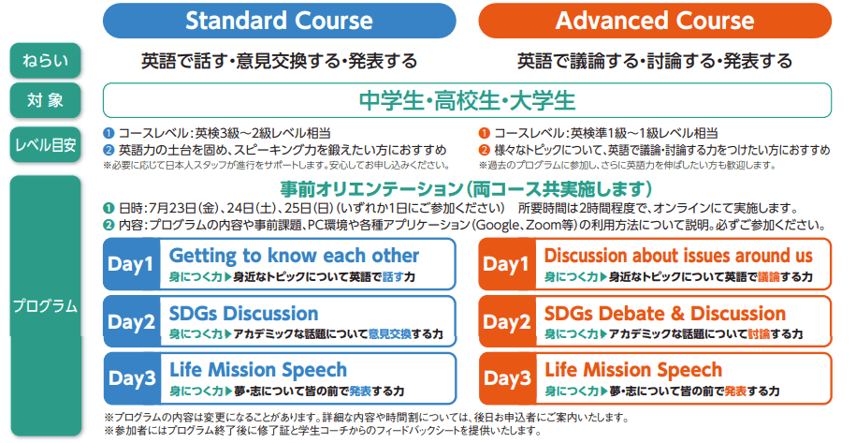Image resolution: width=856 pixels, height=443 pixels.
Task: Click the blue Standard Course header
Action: click(x=279, y=21)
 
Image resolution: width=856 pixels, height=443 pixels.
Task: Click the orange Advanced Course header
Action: click(x=655, y=21)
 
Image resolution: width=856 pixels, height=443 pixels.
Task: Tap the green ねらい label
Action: click(x=45, y=61)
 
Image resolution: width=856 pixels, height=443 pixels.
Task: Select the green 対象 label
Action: click(x=45, y=100)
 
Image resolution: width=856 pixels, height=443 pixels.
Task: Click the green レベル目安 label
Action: click(x=45, y=145)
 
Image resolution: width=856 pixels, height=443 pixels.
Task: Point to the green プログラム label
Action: click(x=45, y=306)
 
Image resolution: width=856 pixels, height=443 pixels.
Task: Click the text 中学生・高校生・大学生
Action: click(x=468, y=100)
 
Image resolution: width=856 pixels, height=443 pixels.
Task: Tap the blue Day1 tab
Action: click(x=131, y=264)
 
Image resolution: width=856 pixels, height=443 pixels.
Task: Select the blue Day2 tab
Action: click(x=131, y=322)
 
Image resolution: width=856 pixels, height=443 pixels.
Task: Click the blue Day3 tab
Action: click(x=131, y=378)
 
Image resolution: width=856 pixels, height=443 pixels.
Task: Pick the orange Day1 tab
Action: click(x=507, y=264)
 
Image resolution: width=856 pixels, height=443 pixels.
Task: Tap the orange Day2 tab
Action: click(x=507, y=322)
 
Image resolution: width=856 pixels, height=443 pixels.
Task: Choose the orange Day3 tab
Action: click(x=507, y=378)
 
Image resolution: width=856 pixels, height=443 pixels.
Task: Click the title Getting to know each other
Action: click(x=295, y=256)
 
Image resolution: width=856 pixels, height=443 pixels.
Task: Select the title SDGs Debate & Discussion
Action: click(x=665, y=314)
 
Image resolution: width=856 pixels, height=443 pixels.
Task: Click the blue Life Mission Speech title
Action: click(x=258, y=370)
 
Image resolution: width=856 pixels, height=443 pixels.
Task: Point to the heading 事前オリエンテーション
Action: click(x=370, y=189)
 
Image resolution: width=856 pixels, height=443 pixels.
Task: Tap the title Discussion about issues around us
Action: click(x=678, y=256)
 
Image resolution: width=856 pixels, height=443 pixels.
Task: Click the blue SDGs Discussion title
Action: click(x=243, y=314)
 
